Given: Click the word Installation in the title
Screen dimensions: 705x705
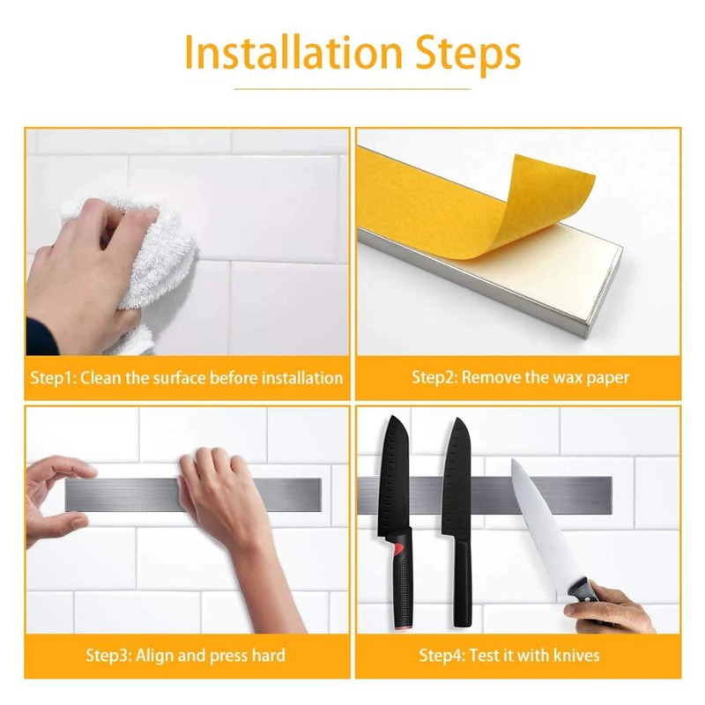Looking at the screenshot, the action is [x=293, y=53].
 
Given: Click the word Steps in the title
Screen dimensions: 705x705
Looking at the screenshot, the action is [x=468, y=55].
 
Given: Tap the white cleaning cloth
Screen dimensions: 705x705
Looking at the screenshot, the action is [x=148, y=265].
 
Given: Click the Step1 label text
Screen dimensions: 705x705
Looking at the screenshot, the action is [x=54, y=378].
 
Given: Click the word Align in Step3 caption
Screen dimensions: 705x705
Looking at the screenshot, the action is [x=155, y=656].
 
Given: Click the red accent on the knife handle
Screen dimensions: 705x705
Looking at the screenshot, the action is [x=399, y=549].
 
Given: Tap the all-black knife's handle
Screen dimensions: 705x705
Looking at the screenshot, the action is [x=462, y=580].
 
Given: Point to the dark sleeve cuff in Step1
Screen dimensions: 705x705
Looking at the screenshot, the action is [x=41, y=337].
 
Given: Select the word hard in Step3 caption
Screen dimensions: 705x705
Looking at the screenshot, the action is [x=268, y=656].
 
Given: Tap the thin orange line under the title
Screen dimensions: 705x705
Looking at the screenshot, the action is [x=352, y=89].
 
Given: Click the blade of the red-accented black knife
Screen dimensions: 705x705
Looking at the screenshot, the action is [x=393, y=477].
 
